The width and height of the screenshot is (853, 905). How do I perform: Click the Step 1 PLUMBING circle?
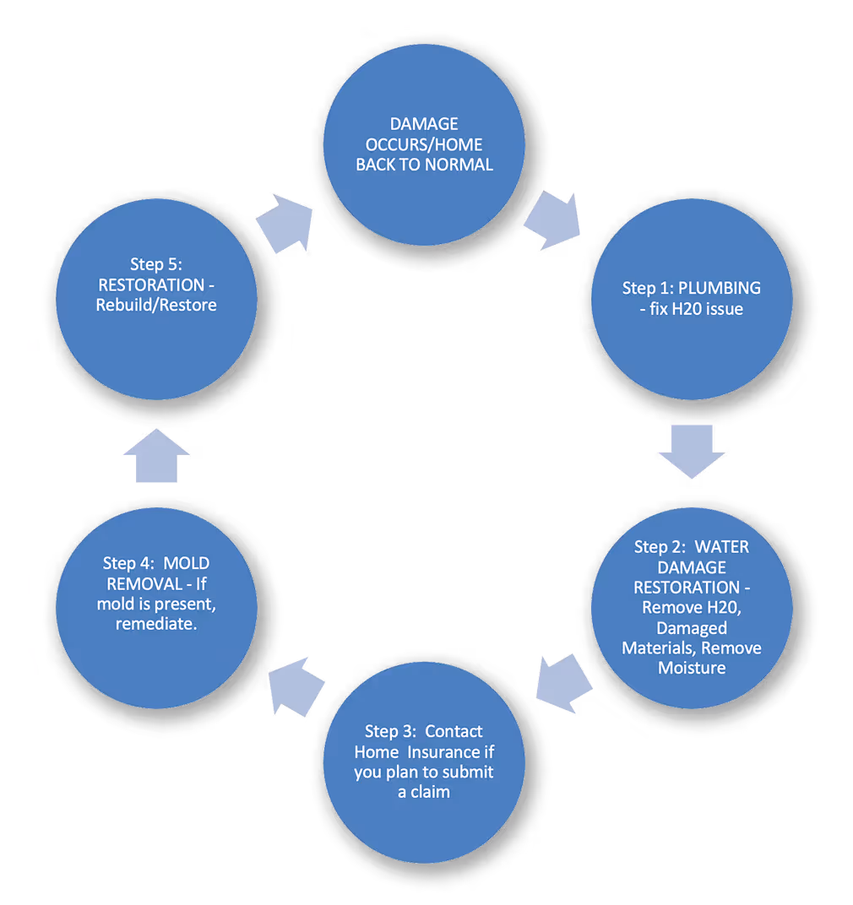692,299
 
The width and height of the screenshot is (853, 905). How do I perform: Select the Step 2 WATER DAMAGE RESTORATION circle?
692,607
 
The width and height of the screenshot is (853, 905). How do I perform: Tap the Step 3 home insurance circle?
424,761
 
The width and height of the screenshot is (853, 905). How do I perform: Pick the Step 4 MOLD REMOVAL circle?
157,607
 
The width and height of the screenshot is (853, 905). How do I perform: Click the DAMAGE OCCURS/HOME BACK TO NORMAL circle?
424,145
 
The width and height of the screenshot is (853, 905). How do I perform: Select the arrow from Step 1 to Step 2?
692,450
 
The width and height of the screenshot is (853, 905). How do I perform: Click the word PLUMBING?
720,288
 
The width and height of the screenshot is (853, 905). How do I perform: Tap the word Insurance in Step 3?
460,751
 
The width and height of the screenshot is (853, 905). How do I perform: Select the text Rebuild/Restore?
157,304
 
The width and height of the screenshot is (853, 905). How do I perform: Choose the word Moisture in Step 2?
692,668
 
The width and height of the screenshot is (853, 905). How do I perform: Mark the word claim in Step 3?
431,792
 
